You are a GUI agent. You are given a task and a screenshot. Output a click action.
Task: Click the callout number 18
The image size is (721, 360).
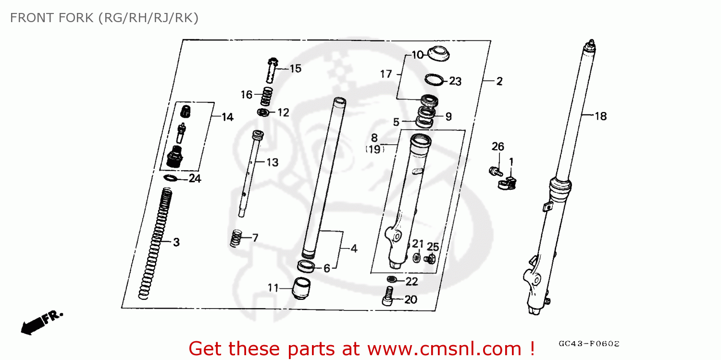[x=600, y=116]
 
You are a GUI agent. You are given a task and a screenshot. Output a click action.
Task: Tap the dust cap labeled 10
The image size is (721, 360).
[x=438, y=53]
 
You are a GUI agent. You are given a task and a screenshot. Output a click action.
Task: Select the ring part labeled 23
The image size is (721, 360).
[x=434, y=79]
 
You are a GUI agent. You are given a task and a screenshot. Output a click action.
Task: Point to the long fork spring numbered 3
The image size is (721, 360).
[x=154, y=243]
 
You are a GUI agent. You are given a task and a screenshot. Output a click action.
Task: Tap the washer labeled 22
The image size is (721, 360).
[x=392, y=279]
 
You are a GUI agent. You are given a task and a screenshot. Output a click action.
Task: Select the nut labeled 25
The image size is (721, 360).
[x=431, y=260]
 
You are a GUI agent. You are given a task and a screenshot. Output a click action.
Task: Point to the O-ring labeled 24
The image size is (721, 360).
[x=170, y=178]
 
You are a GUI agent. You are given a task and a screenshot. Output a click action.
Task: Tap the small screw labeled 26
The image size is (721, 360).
[x=493, y=171]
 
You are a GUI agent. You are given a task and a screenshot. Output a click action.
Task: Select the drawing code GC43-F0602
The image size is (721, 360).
[x=589, y=344]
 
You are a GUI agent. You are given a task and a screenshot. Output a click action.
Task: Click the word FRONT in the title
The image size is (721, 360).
[x=30, y=18]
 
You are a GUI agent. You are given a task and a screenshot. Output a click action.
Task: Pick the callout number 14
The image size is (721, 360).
[x=227, y=117]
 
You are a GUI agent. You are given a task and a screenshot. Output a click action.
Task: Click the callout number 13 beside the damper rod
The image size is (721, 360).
[x=272, y=162]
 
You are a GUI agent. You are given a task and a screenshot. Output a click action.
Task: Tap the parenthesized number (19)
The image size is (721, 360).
[x=374, y=149]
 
